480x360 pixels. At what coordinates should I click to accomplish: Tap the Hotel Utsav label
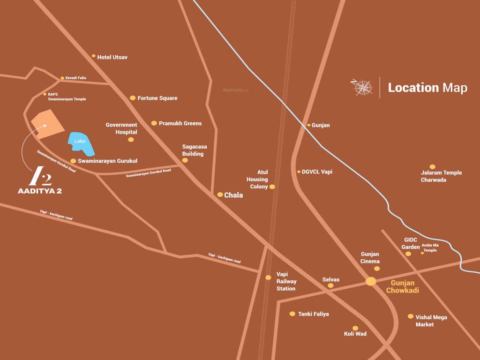pyautogui.click(x=112, y=57)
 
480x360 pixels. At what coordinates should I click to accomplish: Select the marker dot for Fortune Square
pyautogui.click(x=133, y=98)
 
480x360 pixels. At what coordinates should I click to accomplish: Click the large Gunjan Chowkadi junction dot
pyautogui.click(x=371, y=281)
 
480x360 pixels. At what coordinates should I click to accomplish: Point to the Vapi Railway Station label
pyautogui.click(x=286, y=281)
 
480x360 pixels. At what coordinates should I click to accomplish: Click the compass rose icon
pyautogui.click(x=362, y=88)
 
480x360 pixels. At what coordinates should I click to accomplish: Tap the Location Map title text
pyautogui.click(x=427, y=88)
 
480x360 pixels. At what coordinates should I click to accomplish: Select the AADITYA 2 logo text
pyautogui.click(x=40, y=191)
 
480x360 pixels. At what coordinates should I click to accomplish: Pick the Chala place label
pyautogui.click(x=233, y=195)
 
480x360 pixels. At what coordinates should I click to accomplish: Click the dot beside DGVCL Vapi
pyautogui.click(x=299, y=172)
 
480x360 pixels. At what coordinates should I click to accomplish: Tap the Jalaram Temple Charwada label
pyautogui.click(x=441, y=176)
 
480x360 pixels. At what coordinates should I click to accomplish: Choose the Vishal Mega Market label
pyautogui.click(x=431, y=321)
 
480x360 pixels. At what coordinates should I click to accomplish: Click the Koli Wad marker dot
pyautogui.click(x=355, y=328)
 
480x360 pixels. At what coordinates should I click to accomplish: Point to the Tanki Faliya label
pyautogui.click(x=313, y=314)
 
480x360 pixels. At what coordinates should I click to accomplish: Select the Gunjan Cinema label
pyautogui.click(x=370, y=258)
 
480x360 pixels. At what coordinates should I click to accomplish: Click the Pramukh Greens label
pyautogui.click(x=180, y=123)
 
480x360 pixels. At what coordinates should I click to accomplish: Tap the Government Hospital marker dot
pyautogui.click(x=131, y=139)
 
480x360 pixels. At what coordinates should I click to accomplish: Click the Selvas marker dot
pyautogui.click(x=330, y=285)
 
